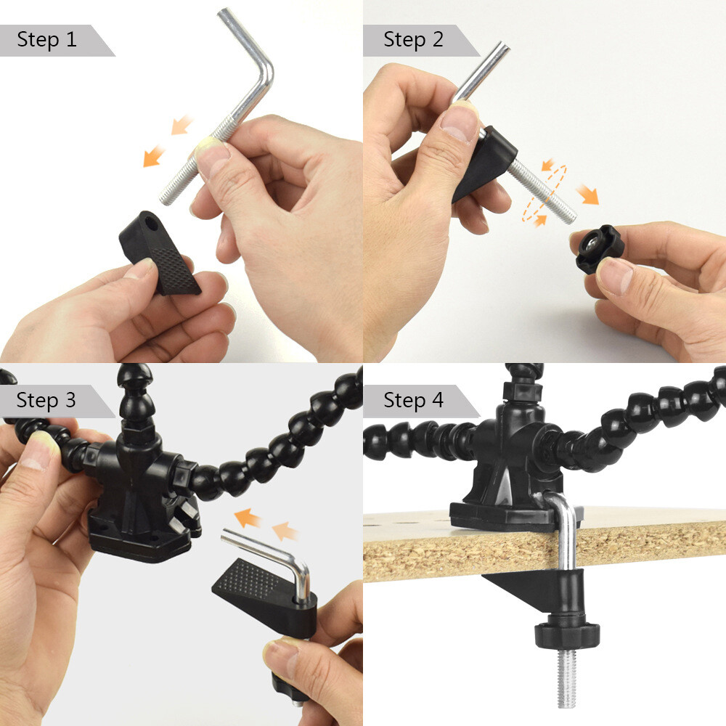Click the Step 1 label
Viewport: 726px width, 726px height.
click(47, 39)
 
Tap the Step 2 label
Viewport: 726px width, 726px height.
click(413, 39)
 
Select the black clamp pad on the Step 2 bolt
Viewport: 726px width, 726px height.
click(484, 163)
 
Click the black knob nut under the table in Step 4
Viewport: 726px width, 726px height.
click(567, 635)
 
